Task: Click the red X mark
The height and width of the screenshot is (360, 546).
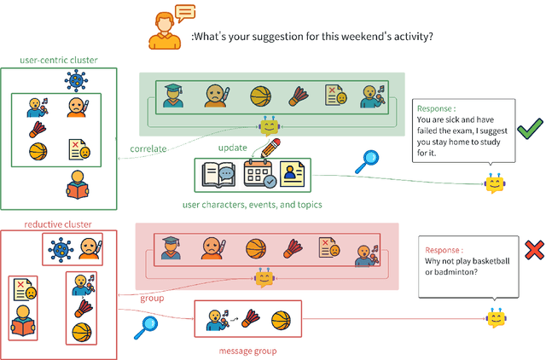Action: (x=534, y=249)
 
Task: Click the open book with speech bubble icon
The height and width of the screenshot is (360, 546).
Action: (x=218, y=176)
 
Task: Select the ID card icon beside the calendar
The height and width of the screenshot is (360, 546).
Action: (x=294, y=175)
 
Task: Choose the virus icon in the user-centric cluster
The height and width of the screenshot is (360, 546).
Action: (x=77, y=82)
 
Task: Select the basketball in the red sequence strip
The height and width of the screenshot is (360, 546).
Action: (x=256, y=248)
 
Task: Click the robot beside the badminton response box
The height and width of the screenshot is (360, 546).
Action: (x=497, y=317)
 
